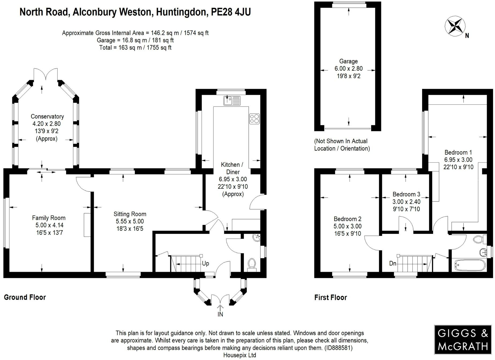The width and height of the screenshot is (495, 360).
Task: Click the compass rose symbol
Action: (x=455, y=26)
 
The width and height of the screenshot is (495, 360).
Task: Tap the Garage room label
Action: (x=348, y=61)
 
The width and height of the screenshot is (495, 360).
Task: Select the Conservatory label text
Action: (x=47, y=116)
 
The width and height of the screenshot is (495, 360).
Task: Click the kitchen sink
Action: (x=232, y=101)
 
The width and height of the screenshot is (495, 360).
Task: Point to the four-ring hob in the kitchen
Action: (x=254, y=119)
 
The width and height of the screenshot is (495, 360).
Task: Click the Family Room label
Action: (x=49, y=218)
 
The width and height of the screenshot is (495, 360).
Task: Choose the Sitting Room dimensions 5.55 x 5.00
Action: (x=130, y=221)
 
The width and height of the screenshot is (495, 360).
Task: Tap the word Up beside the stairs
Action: (x=205, y=263)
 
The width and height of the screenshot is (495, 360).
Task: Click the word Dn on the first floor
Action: (x=393, y=263)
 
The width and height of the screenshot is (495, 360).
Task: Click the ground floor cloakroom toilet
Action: (x=252, y=263)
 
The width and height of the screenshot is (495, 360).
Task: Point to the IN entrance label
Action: (x=220, y=314)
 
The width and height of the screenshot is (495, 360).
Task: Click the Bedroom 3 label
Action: (x=406, y=194)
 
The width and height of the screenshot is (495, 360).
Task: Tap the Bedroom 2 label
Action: (x=347, y=219)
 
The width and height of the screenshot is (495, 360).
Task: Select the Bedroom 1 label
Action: (x=458, y=153)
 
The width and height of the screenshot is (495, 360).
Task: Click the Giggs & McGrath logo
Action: (x=463, y=339)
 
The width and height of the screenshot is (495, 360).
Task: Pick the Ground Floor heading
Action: (x=25, y=297)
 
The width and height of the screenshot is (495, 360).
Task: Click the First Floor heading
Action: (x=331, y=297)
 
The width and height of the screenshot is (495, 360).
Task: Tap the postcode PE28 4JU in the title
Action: (x=231, y=12)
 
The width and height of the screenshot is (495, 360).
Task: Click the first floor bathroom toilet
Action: (x=478, y=239)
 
